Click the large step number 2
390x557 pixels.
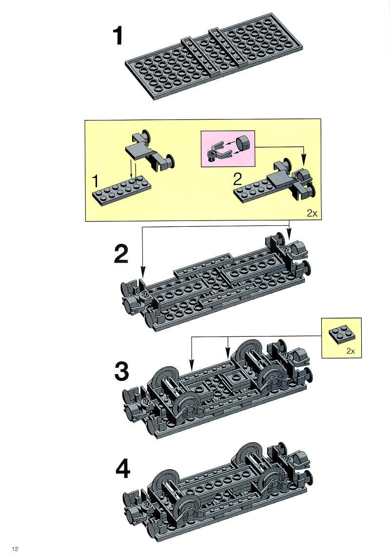pos(121,254)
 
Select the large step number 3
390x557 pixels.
pos(122,372)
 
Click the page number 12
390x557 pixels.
pos(15,549)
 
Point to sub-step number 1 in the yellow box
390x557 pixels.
pos(95,181)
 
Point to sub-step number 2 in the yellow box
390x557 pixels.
pos(237,179)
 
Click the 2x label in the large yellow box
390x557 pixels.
pos(312,213)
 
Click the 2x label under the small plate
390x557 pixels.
pos(350,351)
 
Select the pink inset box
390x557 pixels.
pos(228,148)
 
